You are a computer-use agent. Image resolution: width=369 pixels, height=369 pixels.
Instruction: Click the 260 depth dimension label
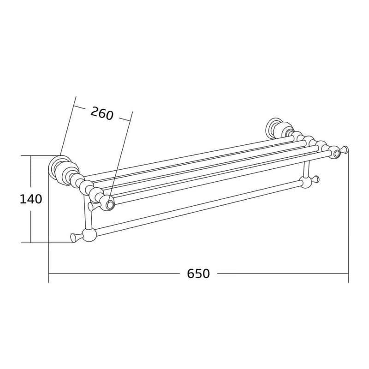click(x=102, y=113)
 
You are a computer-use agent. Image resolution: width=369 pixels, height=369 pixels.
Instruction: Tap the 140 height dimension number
click(x=31, y=199)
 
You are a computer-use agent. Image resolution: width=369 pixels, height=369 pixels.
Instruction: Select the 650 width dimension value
click(x=198, y=274)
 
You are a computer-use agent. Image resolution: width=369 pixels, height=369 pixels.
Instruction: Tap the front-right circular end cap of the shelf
click(x=336, y=153)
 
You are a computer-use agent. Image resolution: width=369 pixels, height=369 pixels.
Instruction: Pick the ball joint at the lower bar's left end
click(x=89, y=235)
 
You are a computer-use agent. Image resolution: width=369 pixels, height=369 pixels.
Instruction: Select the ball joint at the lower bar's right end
click(x=306, y=183)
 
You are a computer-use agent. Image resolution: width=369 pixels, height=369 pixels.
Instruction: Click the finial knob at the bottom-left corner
click(x=75, y=238)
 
